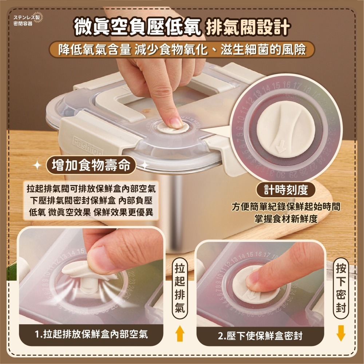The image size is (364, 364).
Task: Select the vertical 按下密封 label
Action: click(x=341, y=288)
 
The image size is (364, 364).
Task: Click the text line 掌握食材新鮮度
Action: click(x=286, y=219)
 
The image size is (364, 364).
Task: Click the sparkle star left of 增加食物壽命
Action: click(x=37, y=166)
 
